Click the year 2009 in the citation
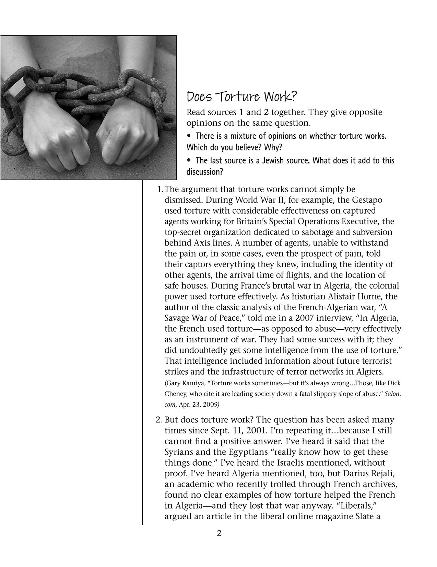click(x=211, y=405)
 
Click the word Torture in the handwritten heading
click(x=233, y=98)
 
